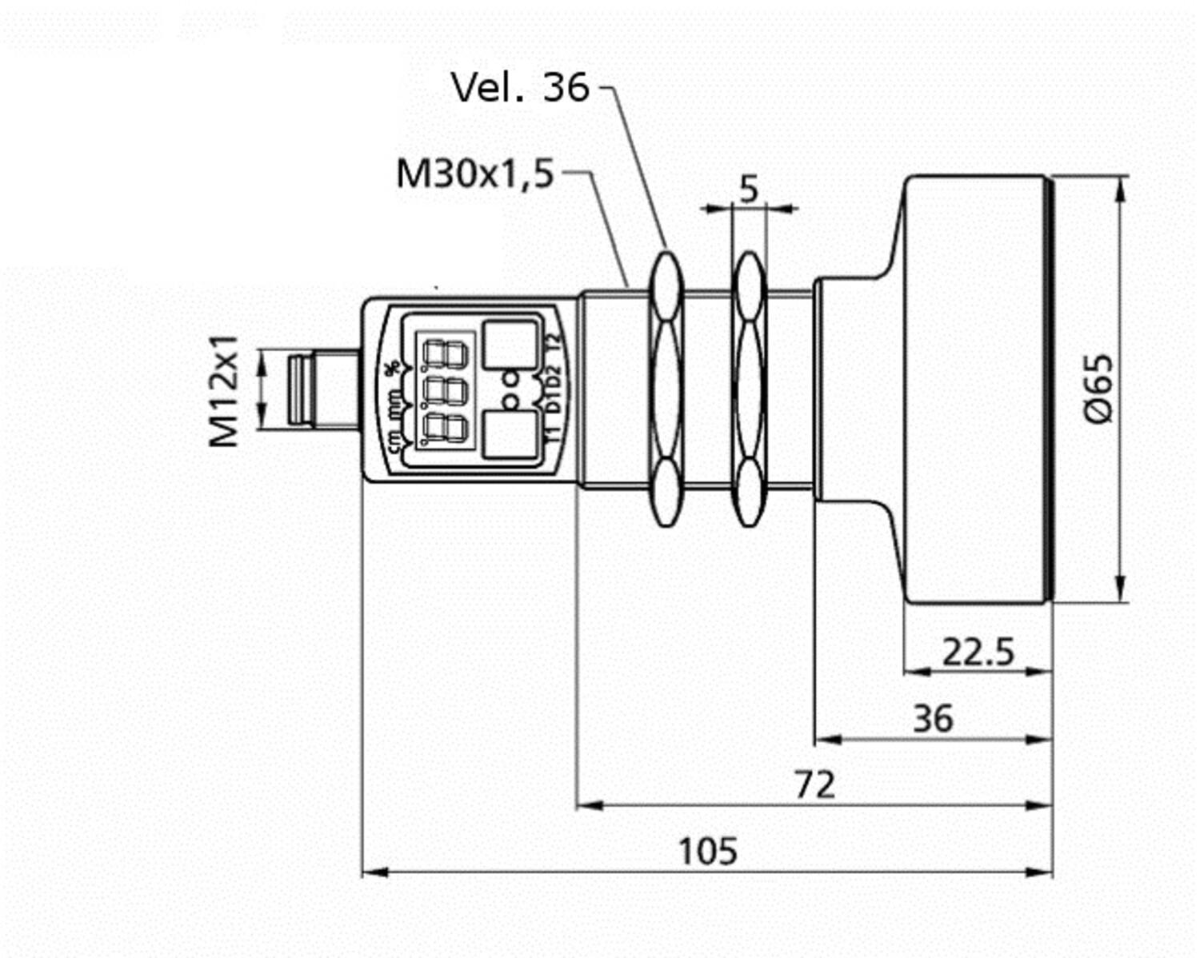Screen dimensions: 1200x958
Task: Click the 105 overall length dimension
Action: tap(708, 851)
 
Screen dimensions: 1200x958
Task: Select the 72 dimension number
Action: tap(814, 784)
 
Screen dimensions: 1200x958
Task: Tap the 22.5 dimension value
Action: tap(978, 652)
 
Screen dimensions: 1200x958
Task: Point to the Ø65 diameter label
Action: tap(1098, 389)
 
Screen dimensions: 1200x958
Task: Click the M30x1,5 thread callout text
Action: tap(475, 174)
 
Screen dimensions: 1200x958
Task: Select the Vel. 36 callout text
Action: tap(520, 87)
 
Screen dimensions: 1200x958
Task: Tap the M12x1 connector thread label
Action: tap(224, 391)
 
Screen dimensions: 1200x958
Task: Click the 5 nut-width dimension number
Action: tap(748, 189)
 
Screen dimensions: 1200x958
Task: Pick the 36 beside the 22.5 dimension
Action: tap(933, 718)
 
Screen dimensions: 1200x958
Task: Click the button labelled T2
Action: tap(510, 345)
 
